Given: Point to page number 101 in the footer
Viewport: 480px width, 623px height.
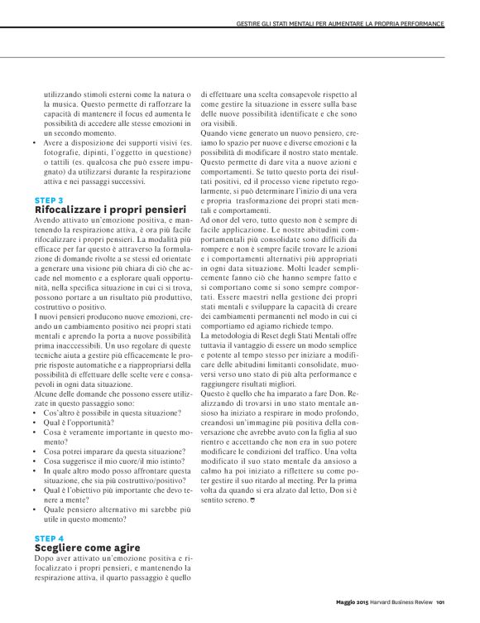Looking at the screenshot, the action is (x=441, y=602).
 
